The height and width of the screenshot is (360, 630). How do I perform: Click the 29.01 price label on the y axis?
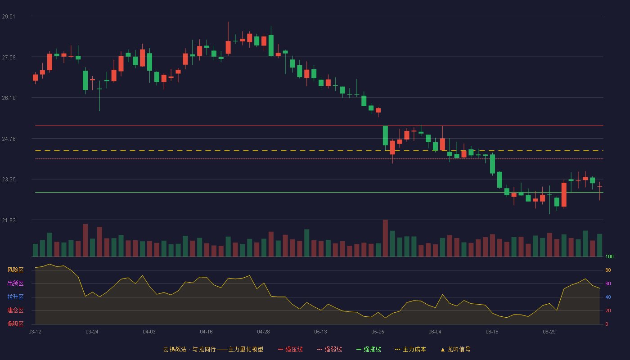pyautogui.click(x=9, y=17)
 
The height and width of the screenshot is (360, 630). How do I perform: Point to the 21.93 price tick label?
pyautogui.click(x=9, y=220)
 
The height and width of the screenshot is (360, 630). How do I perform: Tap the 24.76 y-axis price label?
pyautogui.click(x=9, y=139)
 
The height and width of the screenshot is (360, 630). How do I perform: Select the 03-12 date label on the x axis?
pyautogui.click(x=35, y=332)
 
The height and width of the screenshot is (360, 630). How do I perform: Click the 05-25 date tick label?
pyautogui.click(x=378, y=332)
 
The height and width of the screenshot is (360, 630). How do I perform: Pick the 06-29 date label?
pyautogui.click(x=549, y=332)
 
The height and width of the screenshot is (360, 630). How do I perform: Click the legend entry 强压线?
pyautogui.click(x=291, y=349)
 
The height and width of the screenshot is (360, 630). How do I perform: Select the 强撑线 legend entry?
pyautogui.click(x=369, y=349)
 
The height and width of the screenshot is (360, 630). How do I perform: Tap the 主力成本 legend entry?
pyautogui.click(x=410, y=349)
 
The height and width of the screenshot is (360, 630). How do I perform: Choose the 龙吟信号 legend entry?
pyautogui.click(x=455, y=349)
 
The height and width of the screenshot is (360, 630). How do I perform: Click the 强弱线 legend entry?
pyautogui.click(x=329, y=349)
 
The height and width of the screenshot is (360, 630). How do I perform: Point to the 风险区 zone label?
pyautogui.click(x=15, y=270)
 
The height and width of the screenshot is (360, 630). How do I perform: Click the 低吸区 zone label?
pyautogui.click(x=15, y=324)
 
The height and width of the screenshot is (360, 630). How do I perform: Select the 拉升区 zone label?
pyautogui.click(x=15, y=297)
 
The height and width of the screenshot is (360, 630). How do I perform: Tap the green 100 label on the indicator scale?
pyautogui.click(x=609, y=256)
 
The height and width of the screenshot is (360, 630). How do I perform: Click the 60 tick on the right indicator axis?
pyautogui.click(x=608, y=283)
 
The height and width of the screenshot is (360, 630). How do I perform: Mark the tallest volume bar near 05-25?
pyautogui.click(x=385, y=238)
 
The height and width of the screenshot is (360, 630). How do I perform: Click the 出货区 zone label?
pyautogui.click(x=15, y=283)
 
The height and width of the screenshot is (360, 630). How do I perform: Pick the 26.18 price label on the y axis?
pyautogui.click(x=9, y=98)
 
